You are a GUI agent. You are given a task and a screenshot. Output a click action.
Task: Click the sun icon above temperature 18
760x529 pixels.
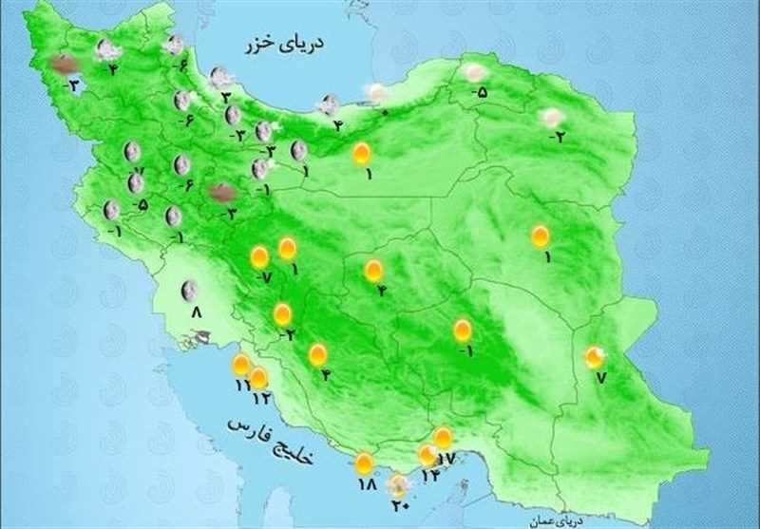pyautogui.click(x=364, y=463)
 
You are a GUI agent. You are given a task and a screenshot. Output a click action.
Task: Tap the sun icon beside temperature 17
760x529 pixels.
pyautogui.click(x=443, y=438)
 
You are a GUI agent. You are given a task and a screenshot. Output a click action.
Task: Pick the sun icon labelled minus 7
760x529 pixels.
pyautogui.click(x=258, y=256)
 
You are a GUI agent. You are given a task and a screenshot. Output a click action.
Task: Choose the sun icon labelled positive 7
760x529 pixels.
pyautogui.click(x=595, y=357)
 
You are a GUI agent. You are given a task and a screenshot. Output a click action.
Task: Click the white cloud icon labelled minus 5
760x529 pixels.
pyautogui.click(x=473, y=72)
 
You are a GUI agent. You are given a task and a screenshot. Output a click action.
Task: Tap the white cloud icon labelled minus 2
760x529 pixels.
pyautogui.click(x=550, y=118)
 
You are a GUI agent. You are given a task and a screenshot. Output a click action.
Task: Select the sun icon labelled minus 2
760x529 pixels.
pyautogui.click(x=282, y=313)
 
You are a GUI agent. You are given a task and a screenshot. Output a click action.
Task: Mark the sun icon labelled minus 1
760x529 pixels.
pyautogui.click(x=462, y=331)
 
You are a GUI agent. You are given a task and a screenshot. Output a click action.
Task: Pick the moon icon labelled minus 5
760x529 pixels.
pyautogui.click(x=136, y=183)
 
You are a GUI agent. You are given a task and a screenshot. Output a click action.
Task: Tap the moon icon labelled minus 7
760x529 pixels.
pyautogui.click(x=132, y=151)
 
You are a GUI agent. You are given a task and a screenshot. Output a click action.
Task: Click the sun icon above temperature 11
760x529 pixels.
pyautogui.click(x=241, y=365)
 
